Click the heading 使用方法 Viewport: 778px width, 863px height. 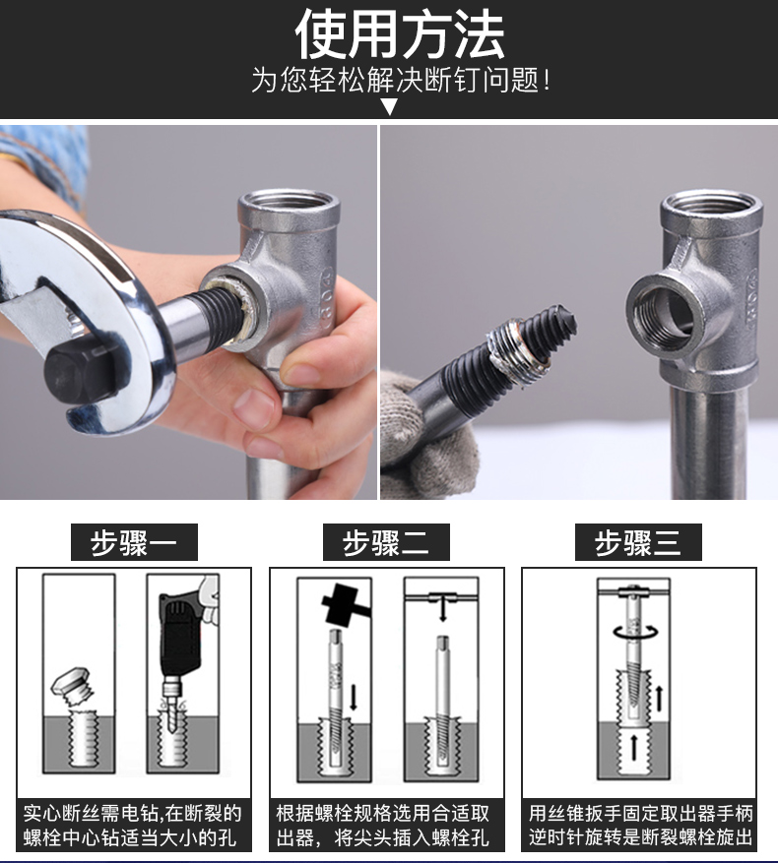point(400,35)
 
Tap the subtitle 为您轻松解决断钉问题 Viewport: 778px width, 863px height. point(401,80)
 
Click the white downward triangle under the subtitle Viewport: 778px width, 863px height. point(390,106)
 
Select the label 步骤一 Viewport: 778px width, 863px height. point(134,542)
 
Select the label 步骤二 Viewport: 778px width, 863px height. point(386,542)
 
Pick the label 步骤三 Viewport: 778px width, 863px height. point(638,542)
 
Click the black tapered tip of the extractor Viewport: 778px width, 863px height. point(562,323)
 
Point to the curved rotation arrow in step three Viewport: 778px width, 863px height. point(636,632)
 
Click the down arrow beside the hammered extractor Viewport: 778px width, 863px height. point(354,696)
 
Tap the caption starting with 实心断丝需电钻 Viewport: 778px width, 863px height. point(133,825)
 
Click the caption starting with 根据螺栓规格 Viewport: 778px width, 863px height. point(383,825)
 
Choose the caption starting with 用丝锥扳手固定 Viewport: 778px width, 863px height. point(640,825)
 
